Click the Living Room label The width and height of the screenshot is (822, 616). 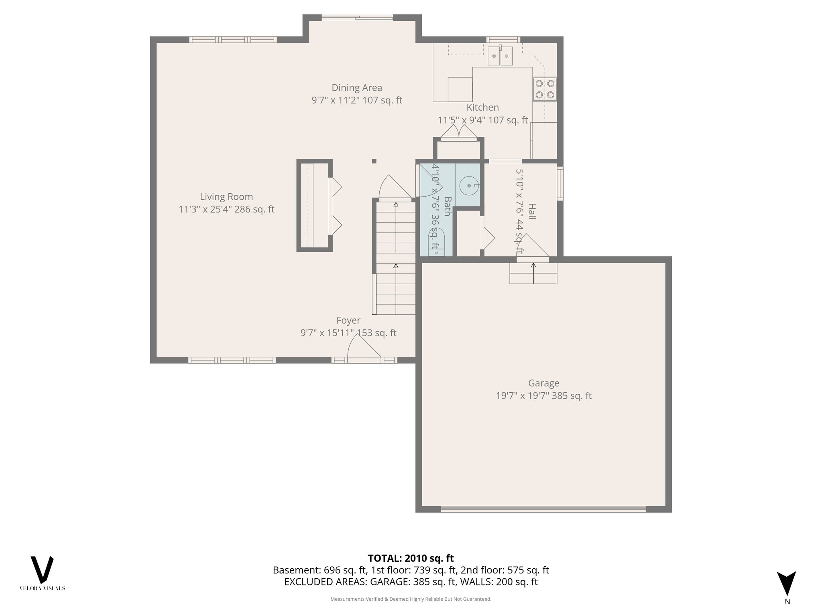point(226,197)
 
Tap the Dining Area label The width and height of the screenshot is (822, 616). point(356,87)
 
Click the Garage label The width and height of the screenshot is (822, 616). point(543,383)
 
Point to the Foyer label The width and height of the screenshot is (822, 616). point(348,320)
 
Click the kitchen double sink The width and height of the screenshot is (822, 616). point(500,56)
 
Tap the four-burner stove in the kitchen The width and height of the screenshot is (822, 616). point(545,89)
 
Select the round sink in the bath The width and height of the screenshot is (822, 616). point(469,186)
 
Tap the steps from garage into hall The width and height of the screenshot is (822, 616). point(533,273)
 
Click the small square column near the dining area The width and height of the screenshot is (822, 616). point(374,161)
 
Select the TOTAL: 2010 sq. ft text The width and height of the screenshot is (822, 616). point(411,558)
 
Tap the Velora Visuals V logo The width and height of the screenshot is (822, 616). point(42,569)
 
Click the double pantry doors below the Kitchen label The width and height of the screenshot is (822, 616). point(458,132)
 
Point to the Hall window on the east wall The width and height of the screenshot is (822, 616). point(560,183)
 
